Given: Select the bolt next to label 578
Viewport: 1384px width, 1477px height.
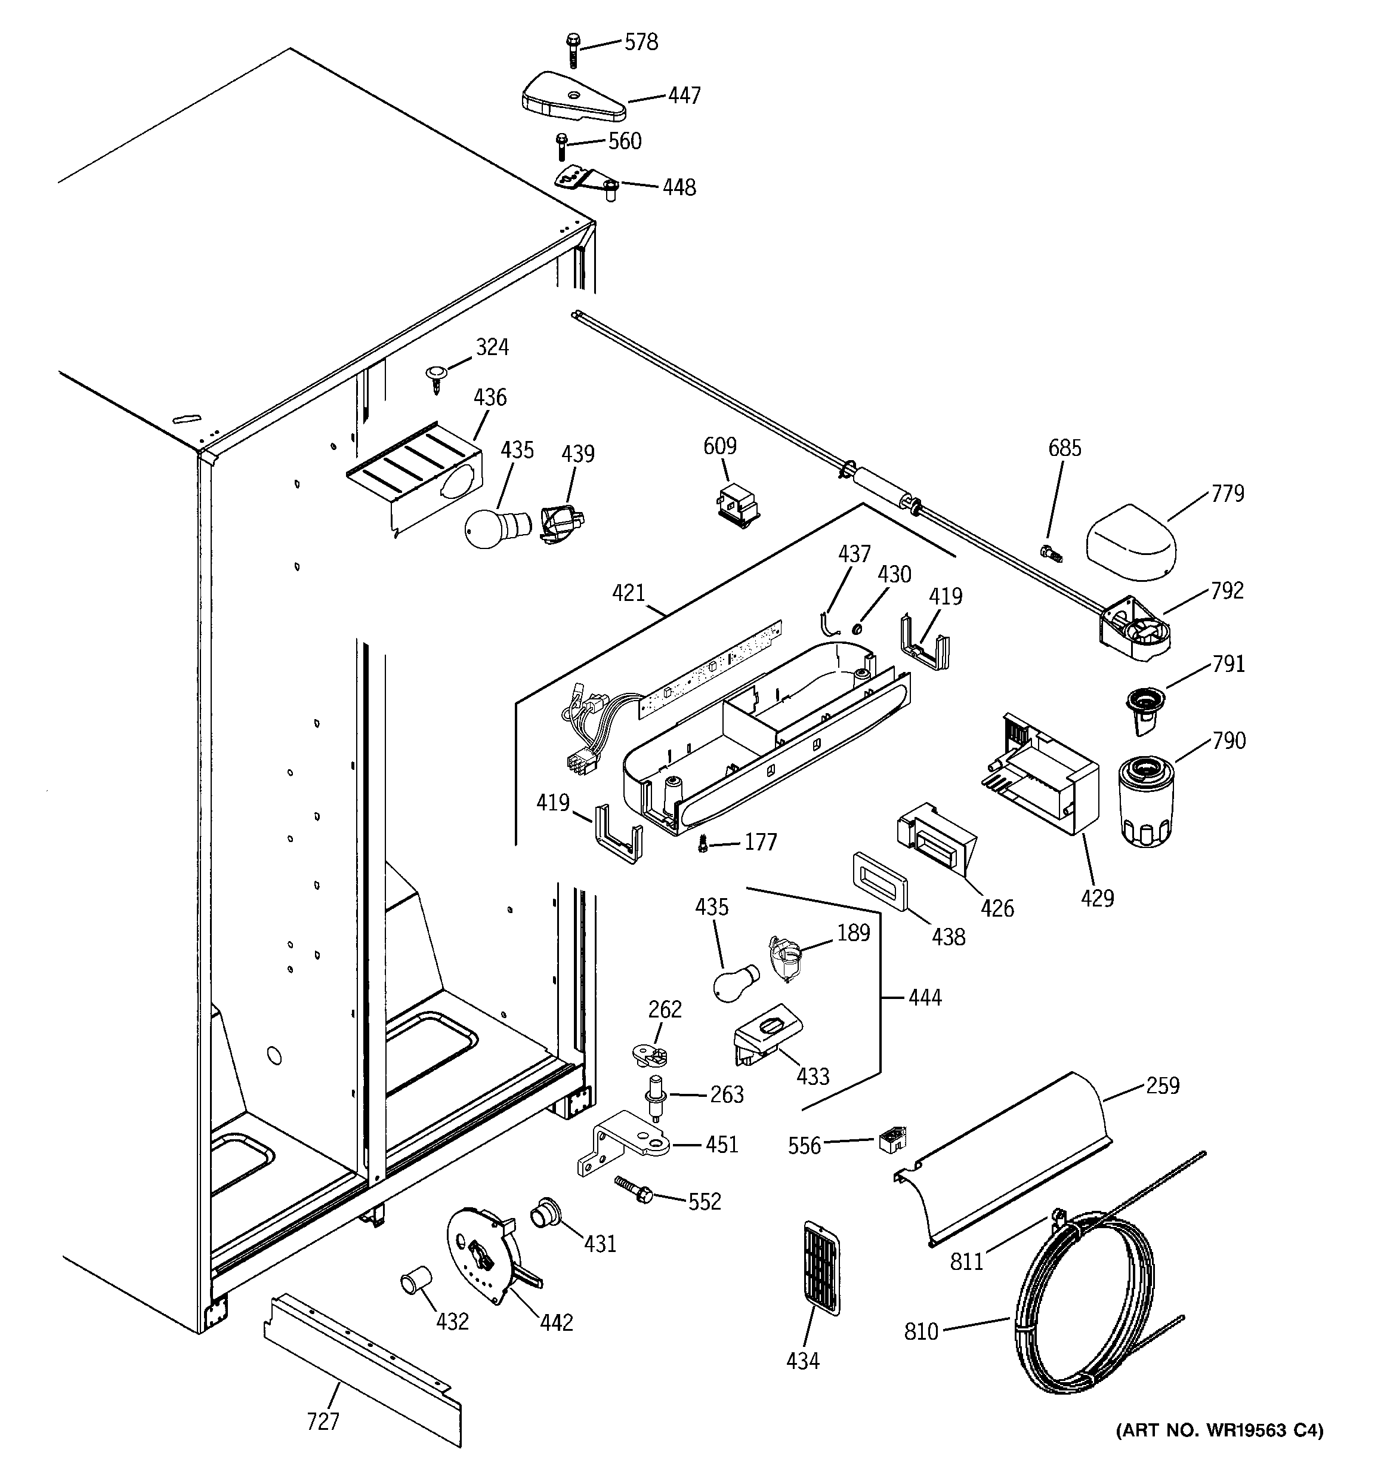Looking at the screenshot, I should click(x=573, y=49).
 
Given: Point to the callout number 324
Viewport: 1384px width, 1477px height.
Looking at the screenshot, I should click(x=492, y=347).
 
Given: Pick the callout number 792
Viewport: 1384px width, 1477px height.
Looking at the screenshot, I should click(x=1227, y=591).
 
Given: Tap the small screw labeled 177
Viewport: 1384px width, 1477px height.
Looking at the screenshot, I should click(x=703, y=843).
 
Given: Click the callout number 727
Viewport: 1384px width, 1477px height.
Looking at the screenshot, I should click(x=323, y=1422).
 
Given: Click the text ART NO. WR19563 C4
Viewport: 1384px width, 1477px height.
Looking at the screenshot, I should click(x=1218, y=1430).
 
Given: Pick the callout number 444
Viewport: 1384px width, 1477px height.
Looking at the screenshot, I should click(x=924, y=997).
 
